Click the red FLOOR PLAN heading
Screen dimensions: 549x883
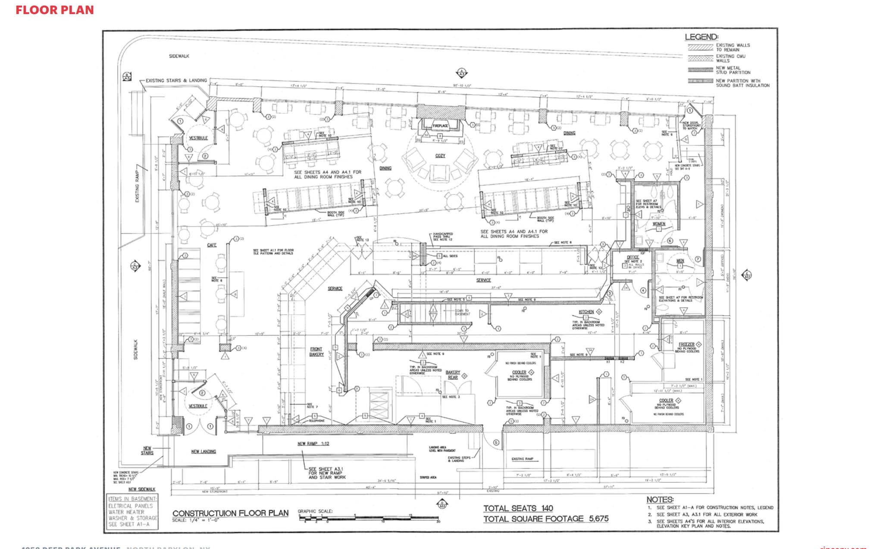pos(55,10)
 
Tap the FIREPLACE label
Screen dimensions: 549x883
pos(440,126)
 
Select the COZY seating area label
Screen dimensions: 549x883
pos(440,156)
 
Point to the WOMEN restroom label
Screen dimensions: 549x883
pos(658,224)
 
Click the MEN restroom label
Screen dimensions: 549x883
pos(680,261)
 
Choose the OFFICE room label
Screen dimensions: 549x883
pos(633,257)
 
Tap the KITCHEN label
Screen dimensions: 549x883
pos(586,312)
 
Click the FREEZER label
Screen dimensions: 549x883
pos(686,344)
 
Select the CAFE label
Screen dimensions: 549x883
pos(212,245)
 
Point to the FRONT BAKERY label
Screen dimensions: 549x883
pos(316,351)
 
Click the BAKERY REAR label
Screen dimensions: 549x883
pos(453,374)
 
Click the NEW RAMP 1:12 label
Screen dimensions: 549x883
pos(313,443)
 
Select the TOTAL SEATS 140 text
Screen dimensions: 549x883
pos(518,508)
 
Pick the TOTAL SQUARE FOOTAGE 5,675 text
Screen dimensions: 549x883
pos(545,519)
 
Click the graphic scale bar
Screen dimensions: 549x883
pos(369,518)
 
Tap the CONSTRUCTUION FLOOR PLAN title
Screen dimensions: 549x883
pos(230,513)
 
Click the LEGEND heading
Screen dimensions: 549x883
pos(701,37)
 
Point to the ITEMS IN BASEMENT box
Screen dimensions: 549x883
pos(132,511)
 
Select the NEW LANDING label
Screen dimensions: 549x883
pos(204,452)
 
